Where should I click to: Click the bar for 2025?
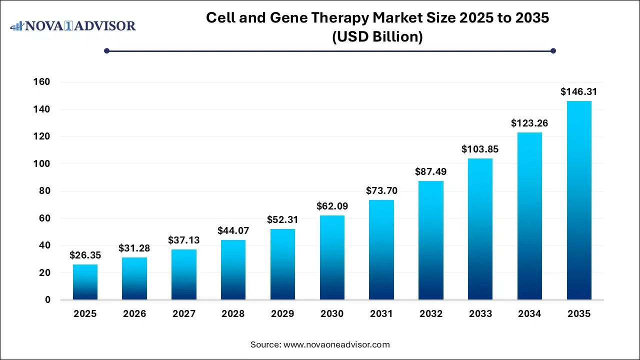tap(85, 282)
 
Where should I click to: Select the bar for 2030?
tap(332, 257)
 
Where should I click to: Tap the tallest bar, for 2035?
tap(579, 200)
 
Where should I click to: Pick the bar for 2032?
tap(431, 240)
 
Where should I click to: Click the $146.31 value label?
tap(579, 92)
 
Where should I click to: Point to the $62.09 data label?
tap(332, 206)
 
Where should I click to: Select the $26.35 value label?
tap(85, 255)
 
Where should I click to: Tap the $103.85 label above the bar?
tap(480, 149)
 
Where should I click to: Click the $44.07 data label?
tap(233, 231)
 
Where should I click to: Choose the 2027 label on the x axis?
tap(184, 314)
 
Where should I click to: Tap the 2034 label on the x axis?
tap(529, 314)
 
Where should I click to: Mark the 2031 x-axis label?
tap(381, 314)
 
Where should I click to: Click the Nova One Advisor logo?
tap(73, 25)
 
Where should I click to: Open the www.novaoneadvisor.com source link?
tap(336, 344)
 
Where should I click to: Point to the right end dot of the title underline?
tap(553, 50)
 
